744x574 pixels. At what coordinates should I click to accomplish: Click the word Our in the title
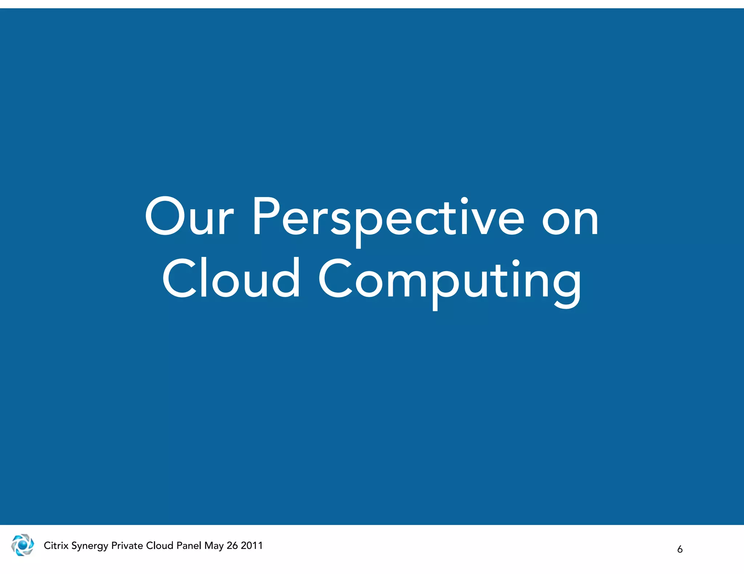[x=189, y=217]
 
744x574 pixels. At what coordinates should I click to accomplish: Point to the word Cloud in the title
[x=231, y=278]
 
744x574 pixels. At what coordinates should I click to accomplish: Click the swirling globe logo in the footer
[x=23, y=545]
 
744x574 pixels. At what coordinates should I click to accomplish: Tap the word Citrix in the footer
[x=56, y=545]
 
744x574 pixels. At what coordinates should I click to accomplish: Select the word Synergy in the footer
[x=90, y=546]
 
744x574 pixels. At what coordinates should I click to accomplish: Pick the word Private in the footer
[x=127, y=545]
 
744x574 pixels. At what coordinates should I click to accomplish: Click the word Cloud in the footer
[x=159, y=545]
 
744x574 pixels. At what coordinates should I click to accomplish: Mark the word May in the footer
[x=214, y=546]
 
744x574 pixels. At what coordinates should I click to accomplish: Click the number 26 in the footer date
[x=232, y=545]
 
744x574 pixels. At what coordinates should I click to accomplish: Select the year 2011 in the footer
[x=252, y=545]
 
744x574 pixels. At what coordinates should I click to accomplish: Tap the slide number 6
[x=680, y=549]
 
